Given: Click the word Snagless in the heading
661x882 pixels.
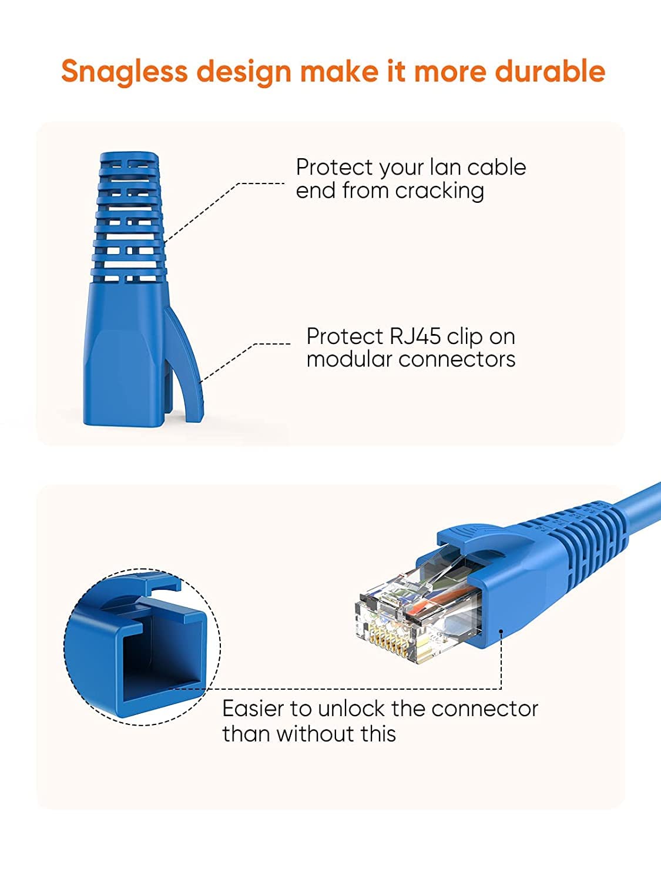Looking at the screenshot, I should click(x=124, y=72).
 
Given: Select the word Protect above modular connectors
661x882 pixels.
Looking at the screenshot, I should click(x=344, y=336).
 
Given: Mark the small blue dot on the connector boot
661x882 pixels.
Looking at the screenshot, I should click(x=501, y=632).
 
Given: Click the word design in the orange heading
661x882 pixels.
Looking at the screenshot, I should click(x=243, y=72).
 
